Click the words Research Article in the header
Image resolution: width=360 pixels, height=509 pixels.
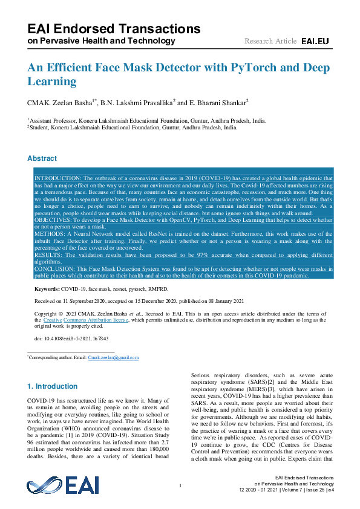pos(270,41)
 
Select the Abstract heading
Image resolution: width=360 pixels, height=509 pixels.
pos(42,158)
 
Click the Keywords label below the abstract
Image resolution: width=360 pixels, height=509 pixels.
pos(47,290)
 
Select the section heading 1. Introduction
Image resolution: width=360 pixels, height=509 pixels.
pos(53,386)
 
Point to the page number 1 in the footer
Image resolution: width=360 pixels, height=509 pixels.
pos(180,486)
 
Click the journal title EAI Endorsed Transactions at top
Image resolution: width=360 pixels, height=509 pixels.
pos(114,28)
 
